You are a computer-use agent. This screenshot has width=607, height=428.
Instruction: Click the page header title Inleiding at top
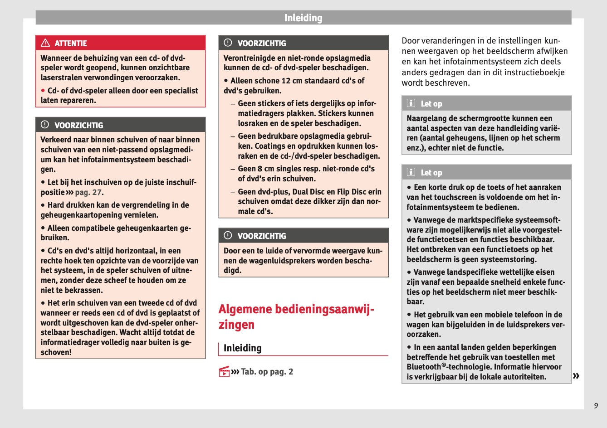(x=303, y=18)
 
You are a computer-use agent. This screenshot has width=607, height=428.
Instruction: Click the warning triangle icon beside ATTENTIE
(x=45, y=43)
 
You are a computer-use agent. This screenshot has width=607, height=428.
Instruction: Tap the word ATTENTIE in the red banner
(x=71, y=44)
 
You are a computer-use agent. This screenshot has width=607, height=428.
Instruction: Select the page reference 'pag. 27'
(x=89, y=192)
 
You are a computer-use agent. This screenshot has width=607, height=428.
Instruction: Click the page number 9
(x=596, y=406)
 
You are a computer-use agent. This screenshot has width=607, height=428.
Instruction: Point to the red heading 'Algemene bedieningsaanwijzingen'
(x=296, y=316)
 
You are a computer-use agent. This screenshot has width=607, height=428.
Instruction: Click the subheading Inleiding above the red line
(x=242, y=348)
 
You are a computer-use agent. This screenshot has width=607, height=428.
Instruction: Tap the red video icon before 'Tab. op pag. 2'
(x=224, y=372)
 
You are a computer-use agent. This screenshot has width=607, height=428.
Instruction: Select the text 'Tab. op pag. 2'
(x=267, y=372)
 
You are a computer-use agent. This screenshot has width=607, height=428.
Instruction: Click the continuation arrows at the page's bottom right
(x=576, y=375)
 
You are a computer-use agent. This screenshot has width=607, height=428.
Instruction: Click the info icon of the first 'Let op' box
(x=411, y=103)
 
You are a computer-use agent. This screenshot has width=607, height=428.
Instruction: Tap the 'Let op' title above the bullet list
(x=431, y=173)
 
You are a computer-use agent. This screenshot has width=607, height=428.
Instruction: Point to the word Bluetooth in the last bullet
(x=424, y=367)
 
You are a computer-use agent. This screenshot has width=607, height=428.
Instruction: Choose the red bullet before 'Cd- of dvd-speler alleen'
(x=43, y=91)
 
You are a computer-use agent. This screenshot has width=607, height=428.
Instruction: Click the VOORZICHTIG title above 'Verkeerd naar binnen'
(x=78, y=126)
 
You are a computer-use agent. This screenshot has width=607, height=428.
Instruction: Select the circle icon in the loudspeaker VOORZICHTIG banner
(x=228, y=236)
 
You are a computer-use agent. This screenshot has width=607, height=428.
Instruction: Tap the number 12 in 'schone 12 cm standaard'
(x=286, y=81)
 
